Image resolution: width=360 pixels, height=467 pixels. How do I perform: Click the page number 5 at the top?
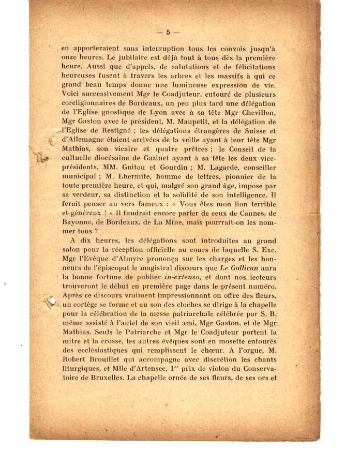tap(168, 32)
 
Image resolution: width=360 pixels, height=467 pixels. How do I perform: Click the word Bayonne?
tap(79, 223)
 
